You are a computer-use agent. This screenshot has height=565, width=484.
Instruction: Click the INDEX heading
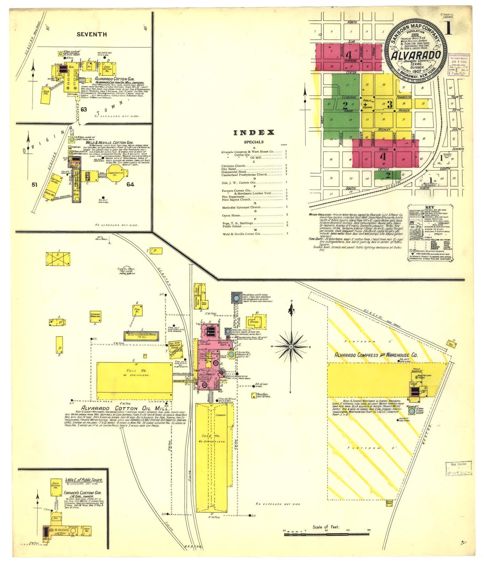click(254, 132)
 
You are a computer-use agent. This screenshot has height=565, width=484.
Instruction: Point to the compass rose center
click(291, 346)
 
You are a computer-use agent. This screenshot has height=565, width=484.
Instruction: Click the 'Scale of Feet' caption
click(326, 527)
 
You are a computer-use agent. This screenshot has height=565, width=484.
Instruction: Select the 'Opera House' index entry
click(231, 215)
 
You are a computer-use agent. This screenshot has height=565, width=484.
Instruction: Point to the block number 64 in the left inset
click(130, 184)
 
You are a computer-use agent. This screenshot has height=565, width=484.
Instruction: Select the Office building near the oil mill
click(255, 322)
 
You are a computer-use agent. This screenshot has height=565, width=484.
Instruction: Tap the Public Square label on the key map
click(367, 103)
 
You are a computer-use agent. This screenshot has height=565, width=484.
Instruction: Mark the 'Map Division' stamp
click(458, 465)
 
